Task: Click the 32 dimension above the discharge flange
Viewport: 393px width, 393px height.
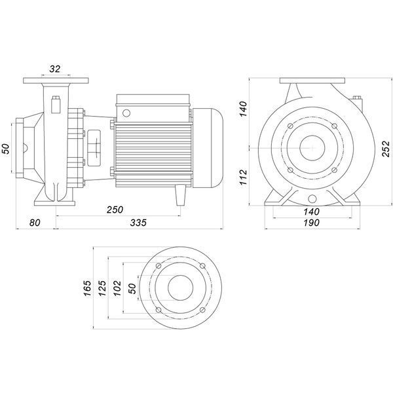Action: (x=54, y=69)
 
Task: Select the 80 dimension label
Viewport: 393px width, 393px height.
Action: (x=35, y=223)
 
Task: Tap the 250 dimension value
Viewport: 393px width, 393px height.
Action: (x=115, y=210)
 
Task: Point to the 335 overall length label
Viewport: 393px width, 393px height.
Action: (x=138, y=223)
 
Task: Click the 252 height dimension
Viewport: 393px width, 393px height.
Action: (x=386, y=149)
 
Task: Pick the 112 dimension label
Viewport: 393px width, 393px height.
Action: (x=244, y=178)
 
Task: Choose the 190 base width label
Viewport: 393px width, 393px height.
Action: (x=312, y=223)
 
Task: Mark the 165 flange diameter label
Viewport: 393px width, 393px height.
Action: (x=88, y=288)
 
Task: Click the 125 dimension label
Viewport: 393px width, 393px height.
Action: (x=102, y=288)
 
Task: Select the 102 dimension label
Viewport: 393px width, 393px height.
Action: (x=117, y=288)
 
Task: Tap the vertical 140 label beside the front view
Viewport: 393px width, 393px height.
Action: (x=244, y=109)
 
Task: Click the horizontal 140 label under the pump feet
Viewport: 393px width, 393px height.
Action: (x=312, y=212)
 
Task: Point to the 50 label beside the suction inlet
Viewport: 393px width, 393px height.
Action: (x=7, y=149)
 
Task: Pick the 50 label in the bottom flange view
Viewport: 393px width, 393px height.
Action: (x=132, y=288)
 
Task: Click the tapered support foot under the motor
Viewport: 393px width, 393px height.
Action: (x=181, y=195)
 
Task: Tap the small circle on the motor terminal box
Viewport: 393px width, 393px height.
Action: (x=126, y=113)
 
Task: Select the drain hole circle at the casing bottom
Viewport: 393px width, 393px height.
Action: (x=312, y=199)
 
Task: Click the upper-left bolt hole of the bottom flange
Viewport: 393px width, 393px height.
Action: (x=159, y=266)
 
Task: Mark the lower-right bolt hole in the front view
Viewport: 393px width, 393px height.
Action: (x=334, y=170)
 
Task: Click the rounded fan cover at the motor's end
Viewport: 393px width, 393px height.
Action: (x=208, y=148)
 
